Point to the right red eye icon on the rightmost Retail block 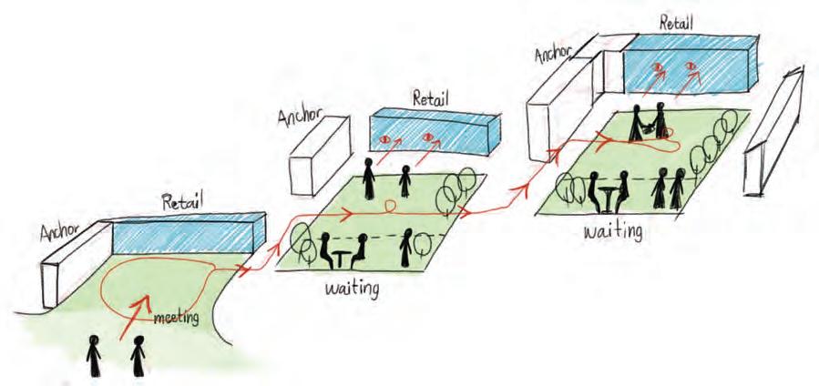pyautogui.click(x=689, y=66)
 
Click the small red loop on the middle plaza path pyautogui.click(x=391, y=207)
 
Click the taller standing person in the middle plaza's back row pyautogui.click(x=369, y=178)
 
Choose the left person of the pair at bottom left pyautogui.click(x=94, y=357)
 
